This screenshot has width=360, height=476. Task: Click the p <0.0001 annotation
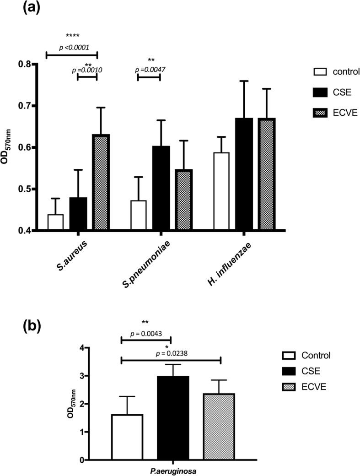click(72, 47)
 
